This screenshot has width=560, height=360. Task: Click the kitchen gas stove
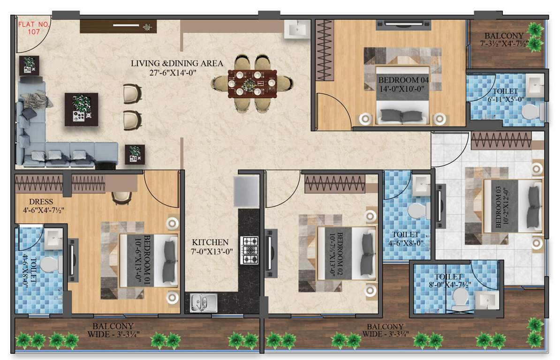(x=250, y=250)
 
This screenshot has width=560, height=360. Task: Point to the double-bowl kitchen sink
(x=204, y=302)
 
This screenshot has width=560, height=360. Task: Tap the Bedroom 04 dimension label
(x=401, y=83)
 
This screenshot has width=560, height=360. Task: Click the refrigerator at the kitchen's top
(x=246, y=192)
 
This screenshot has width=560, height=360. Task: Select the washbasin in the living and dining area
(x=296, y=29)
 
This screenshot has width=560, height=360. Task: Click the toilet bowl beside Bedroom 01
(x=48, y=265)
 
